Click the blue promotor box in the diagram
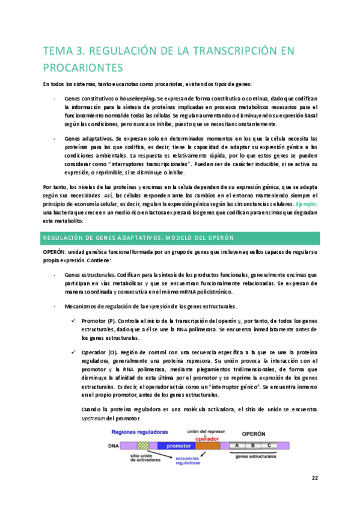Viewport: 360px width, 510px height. [x=177, y=446]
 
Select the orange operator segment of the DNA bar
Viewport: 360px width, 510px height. [x=208, y=446]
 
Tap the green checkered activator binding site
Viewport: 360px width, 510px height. [x=143, y=446]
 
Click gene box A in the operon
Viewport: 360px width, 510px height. [x=237, y=445]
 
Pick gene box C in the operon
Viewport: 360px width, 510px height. [x=270, y=445]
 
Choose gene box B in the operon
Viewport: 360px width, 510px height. [x=254, y=445]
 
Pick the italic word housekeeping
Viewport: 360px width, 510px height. [x=137, y=99]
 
